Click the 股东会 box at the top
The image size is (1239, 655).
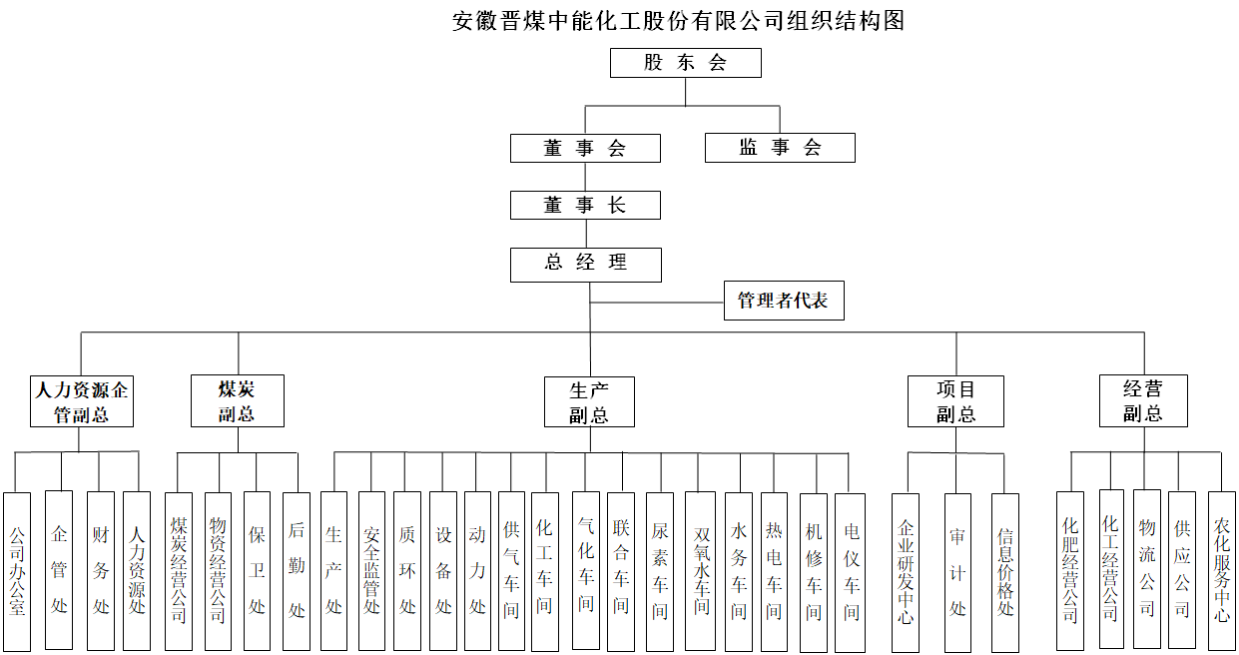(685, 63)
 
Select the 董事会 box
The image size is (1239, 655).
(585, 148)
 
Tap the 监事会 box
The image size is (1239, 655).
(780, 147)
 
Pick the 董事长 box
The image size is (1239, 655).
(585, 206)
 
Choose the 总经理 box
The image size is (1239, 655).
(586, 265)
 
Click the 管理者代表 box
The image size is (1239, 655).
(784, 301)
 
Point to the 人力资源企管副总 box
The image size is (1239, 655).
(82, 401)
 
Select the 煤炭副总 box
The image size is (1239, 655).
(238, 401)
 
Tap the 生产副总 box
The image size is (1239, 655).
(589, 402)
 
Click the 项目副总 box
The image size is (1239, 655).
(955, 401)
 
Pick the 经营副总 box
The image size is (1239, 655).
(1143, 401)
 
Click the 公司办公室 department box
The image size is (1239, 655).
(17, 571)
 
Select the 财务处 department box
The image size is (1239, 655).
(101, 571)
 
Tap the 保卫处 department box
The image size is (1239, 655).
(258, 571)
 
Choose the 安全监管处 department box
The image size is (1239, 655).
(371, 571)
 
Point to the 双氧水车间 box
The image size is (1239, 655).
(700, 571)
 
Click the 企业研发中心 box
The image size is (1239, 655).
(906, 573)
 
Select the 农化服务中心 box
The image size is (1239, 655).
(1222, 571)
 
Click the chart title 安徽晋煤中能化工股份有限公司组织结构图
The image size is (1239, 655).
(678, 22)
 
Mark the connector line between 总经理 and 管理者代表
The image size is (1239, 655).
(657, 303)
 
